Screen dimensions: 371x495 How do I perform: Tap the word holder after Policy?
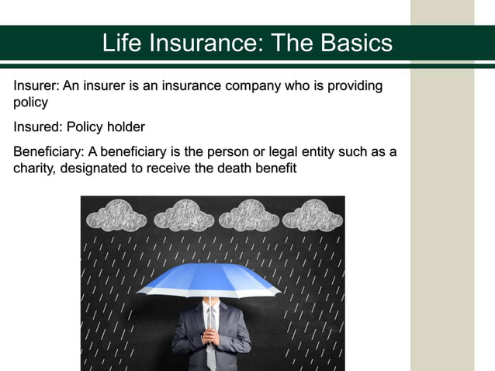(x=125, y=127)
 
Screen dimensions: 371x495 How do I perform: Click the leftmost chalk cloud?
(x=119, y=215)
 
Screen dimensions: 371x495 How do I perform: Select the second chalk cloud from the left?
(x=184, y=215)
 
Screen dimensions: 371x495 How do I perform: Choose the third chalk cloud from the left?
(x=249, y=215)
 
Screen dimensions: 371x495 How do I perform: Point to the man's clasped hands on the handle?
(x=209, y=336)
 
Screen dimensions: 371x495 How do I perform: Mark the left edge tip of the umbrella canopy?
(x=138, y=292)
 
